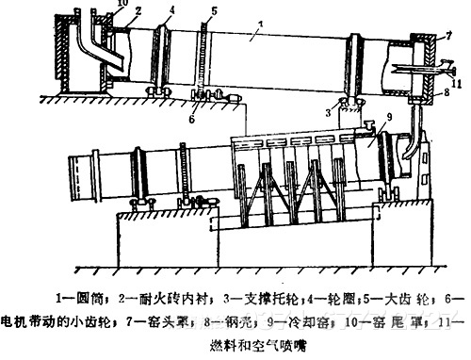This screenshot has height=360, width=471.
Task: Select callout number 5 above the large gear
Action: click(x=216, y=11)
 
